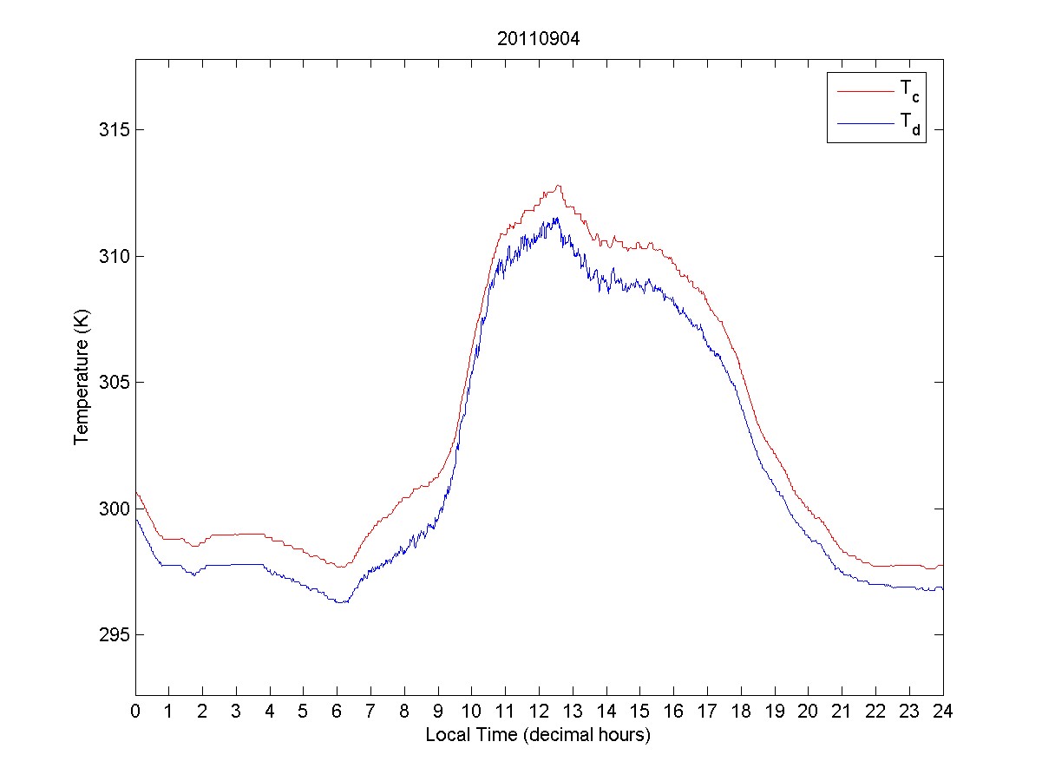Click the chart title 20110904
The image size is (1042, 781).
click(x=539, y=39)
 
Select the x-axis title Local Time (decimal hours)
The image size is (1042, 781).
click(x=538, y=735)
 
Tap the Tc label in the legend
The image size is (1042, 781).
click(x=909, y=91)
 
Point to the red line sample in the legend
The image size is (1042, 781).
click(x=863, y=90)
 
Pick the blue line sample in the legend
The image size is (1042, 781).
click(x=863, y=124)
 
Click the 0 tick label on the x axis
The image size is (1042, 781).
click(x=135, y=711)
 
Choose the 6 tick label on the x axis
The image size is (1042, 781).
click(x=338, y=711)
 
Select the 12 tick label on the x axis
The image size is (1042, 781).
click(x=539, y=711)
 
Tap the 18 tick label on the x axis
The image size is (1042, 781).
click(x=741, y=711)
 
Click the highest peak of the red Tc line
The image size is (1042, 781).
click(x=560, y=185)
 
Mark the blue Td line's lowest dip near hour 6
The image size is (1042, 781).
click(x=340, y=602)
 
